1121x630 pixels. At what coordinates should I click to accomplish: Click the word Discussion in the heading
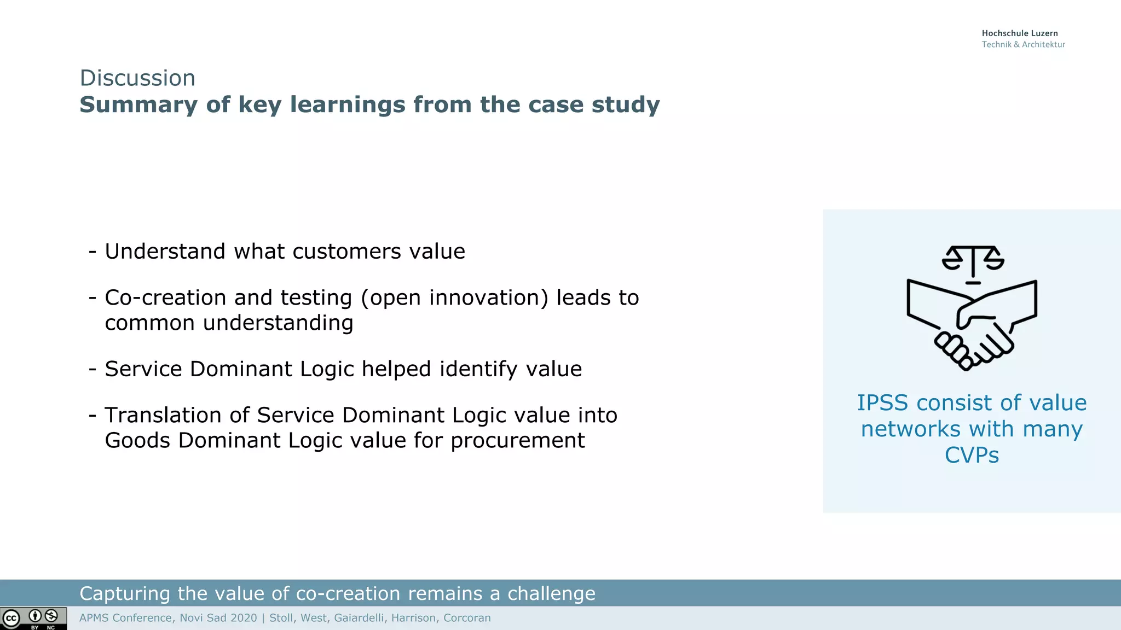tap(137, 78)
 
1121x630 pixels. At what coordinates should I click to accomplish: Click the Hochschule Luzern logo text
tap(1019, 33)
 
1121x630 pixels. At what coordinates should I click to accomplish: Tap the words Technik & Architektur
tap(1023, 45)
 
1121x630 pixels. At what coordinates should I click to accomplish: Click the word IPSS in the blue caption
tap(882, 403)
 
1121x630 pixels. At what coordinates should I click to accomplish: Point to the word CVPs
tap(972, 456)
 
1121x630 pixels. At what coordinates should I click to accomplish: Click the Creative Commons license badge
tap(33, 619)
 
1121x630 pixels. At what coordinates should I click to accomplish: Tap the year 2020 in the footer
tap(244, 618)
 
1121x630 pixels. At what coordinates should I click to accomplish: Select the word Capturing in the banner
tap(125, 594)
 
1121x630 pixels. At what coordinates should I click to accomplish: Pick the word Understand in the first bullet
tap(165, 252)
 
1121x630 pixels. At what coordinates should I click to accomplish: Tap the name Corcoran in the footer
tap(467, 618)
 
